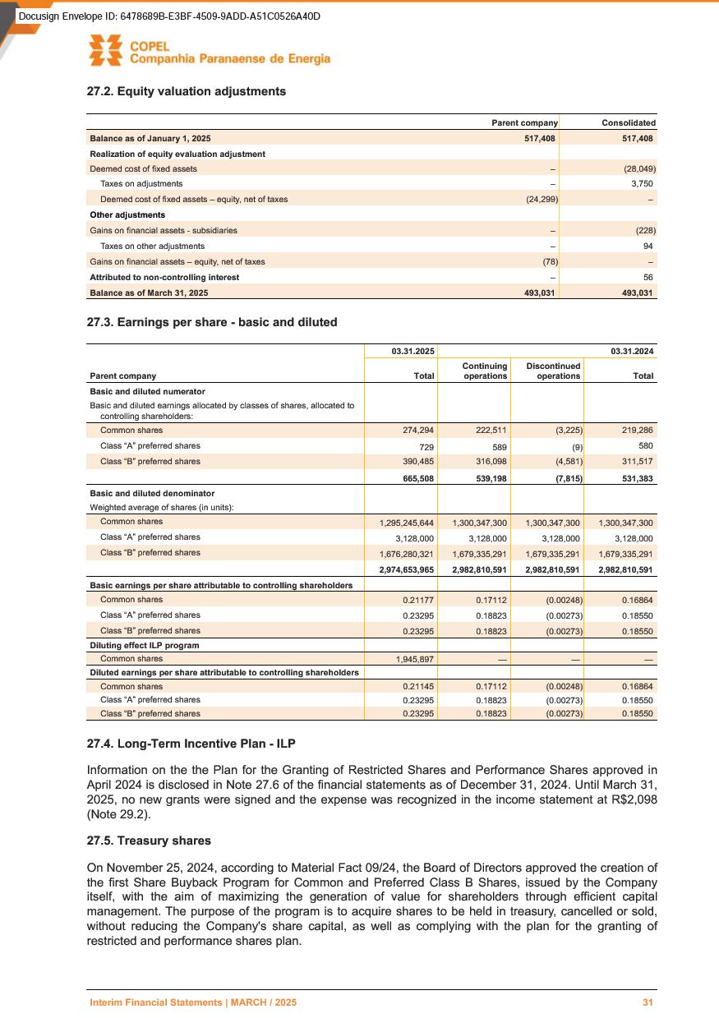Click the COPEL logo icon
pyautogui.click(x=106, y=50)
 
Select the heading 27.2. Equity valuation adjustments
pyautogui.click(x=187, y=91)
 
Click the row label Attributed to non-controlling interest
pyautogui.click(x=164, y=277)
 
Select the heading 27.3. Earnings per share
pyautogui.click(x=212, y=322)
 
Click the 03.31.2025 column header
pyautogui.click(x=413, y=352)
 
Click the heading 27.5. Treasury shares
pyautogui.click(x=149, y=841)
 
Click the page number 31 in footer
pyautogui.click(x=648, y=1002)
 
